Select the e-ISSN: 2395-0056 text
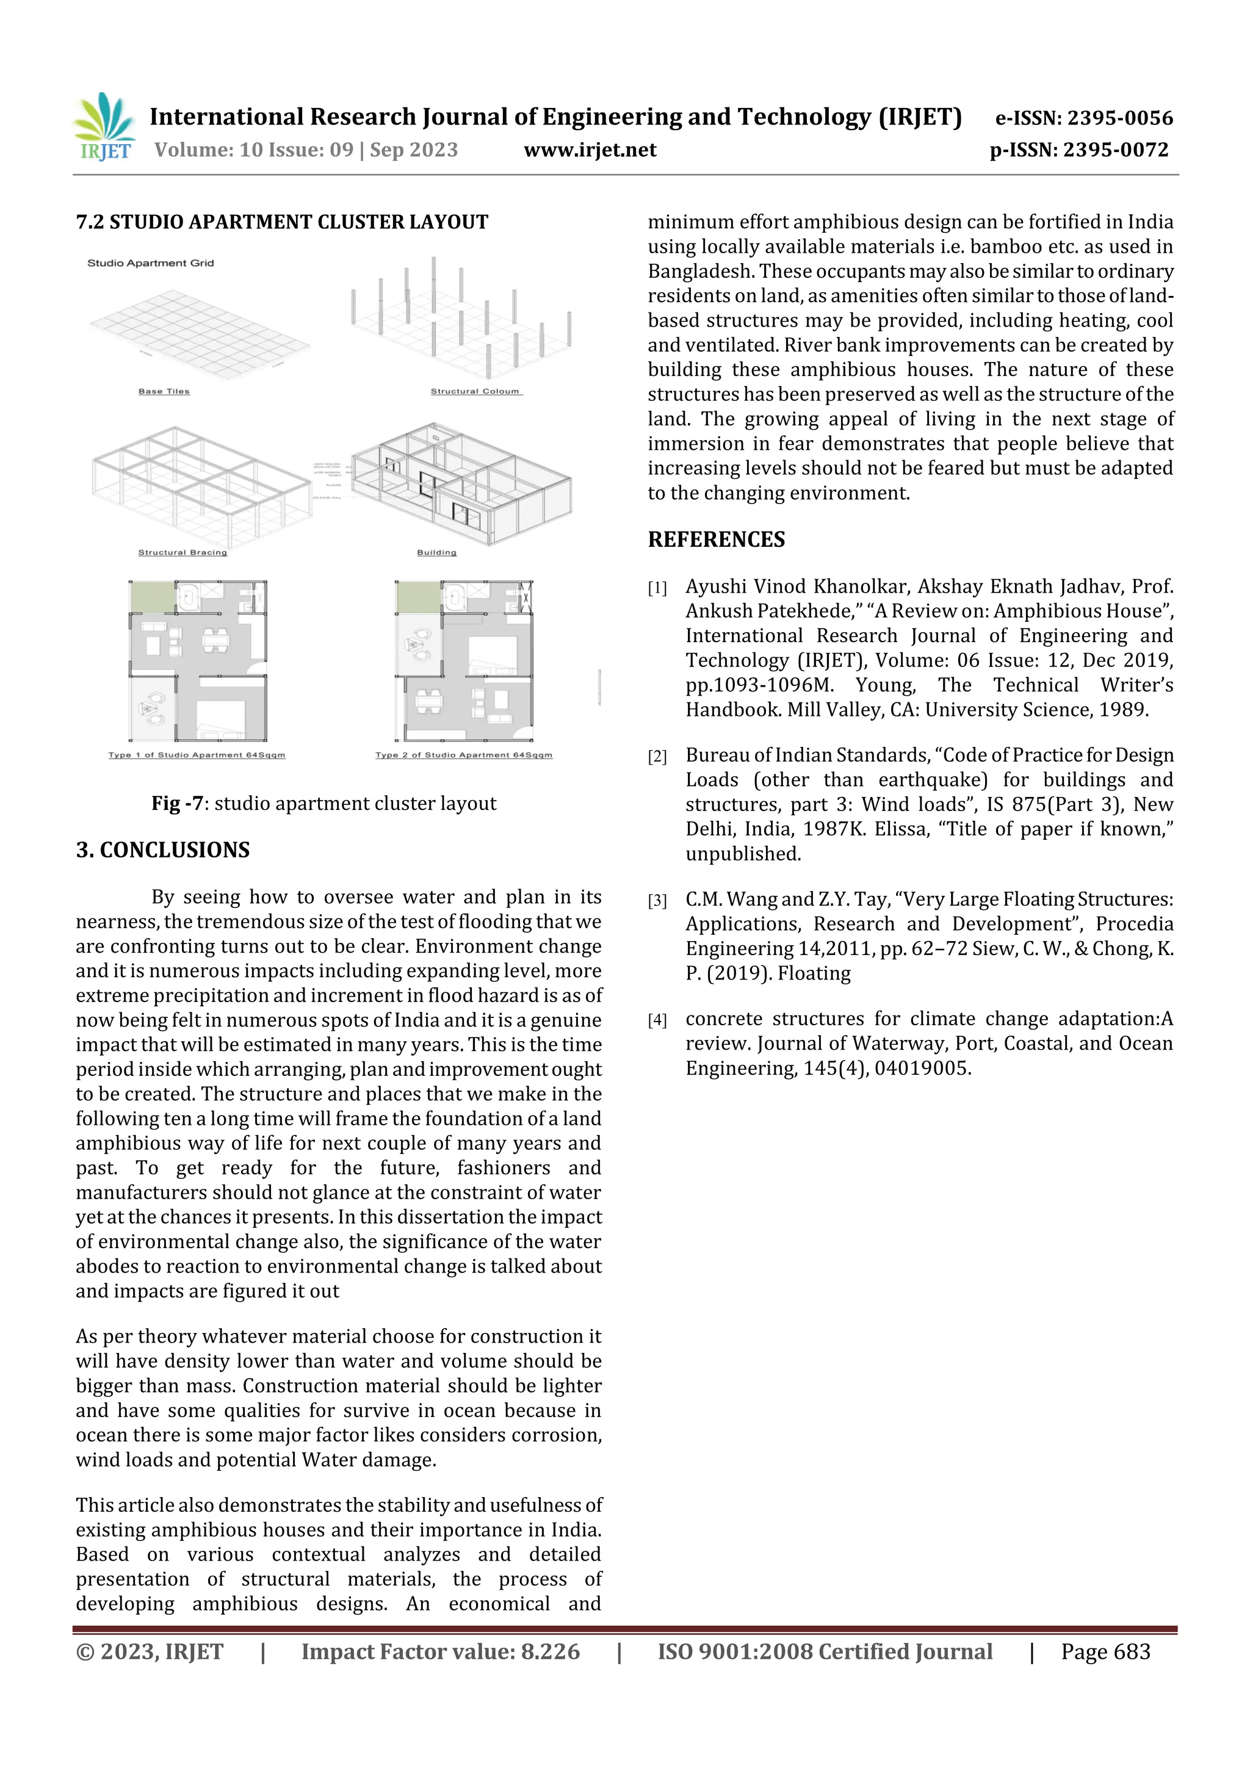[1083, 118]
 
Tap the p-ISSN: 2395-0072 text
[1078, 150]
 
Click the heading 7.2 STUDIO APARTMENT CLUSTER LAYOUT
[282, 223]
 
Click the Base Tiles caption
[164, 391]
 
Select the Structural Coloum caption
[475, 391]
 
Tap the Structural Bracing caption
[182, 552]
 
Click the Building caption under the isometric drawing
[436, 552]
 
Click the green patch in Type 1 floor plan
[153, 597]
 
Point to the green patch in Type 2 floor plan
[418, 597]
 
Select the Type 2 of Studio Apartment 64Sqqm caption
[464, 755]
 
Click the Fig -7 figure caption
[323, 804]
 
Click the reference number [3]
[657, 900]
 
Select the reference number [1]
[657, 588]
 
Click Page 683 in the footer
[1105, 1651]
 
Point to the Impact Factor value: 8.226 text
[440, 1651]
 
